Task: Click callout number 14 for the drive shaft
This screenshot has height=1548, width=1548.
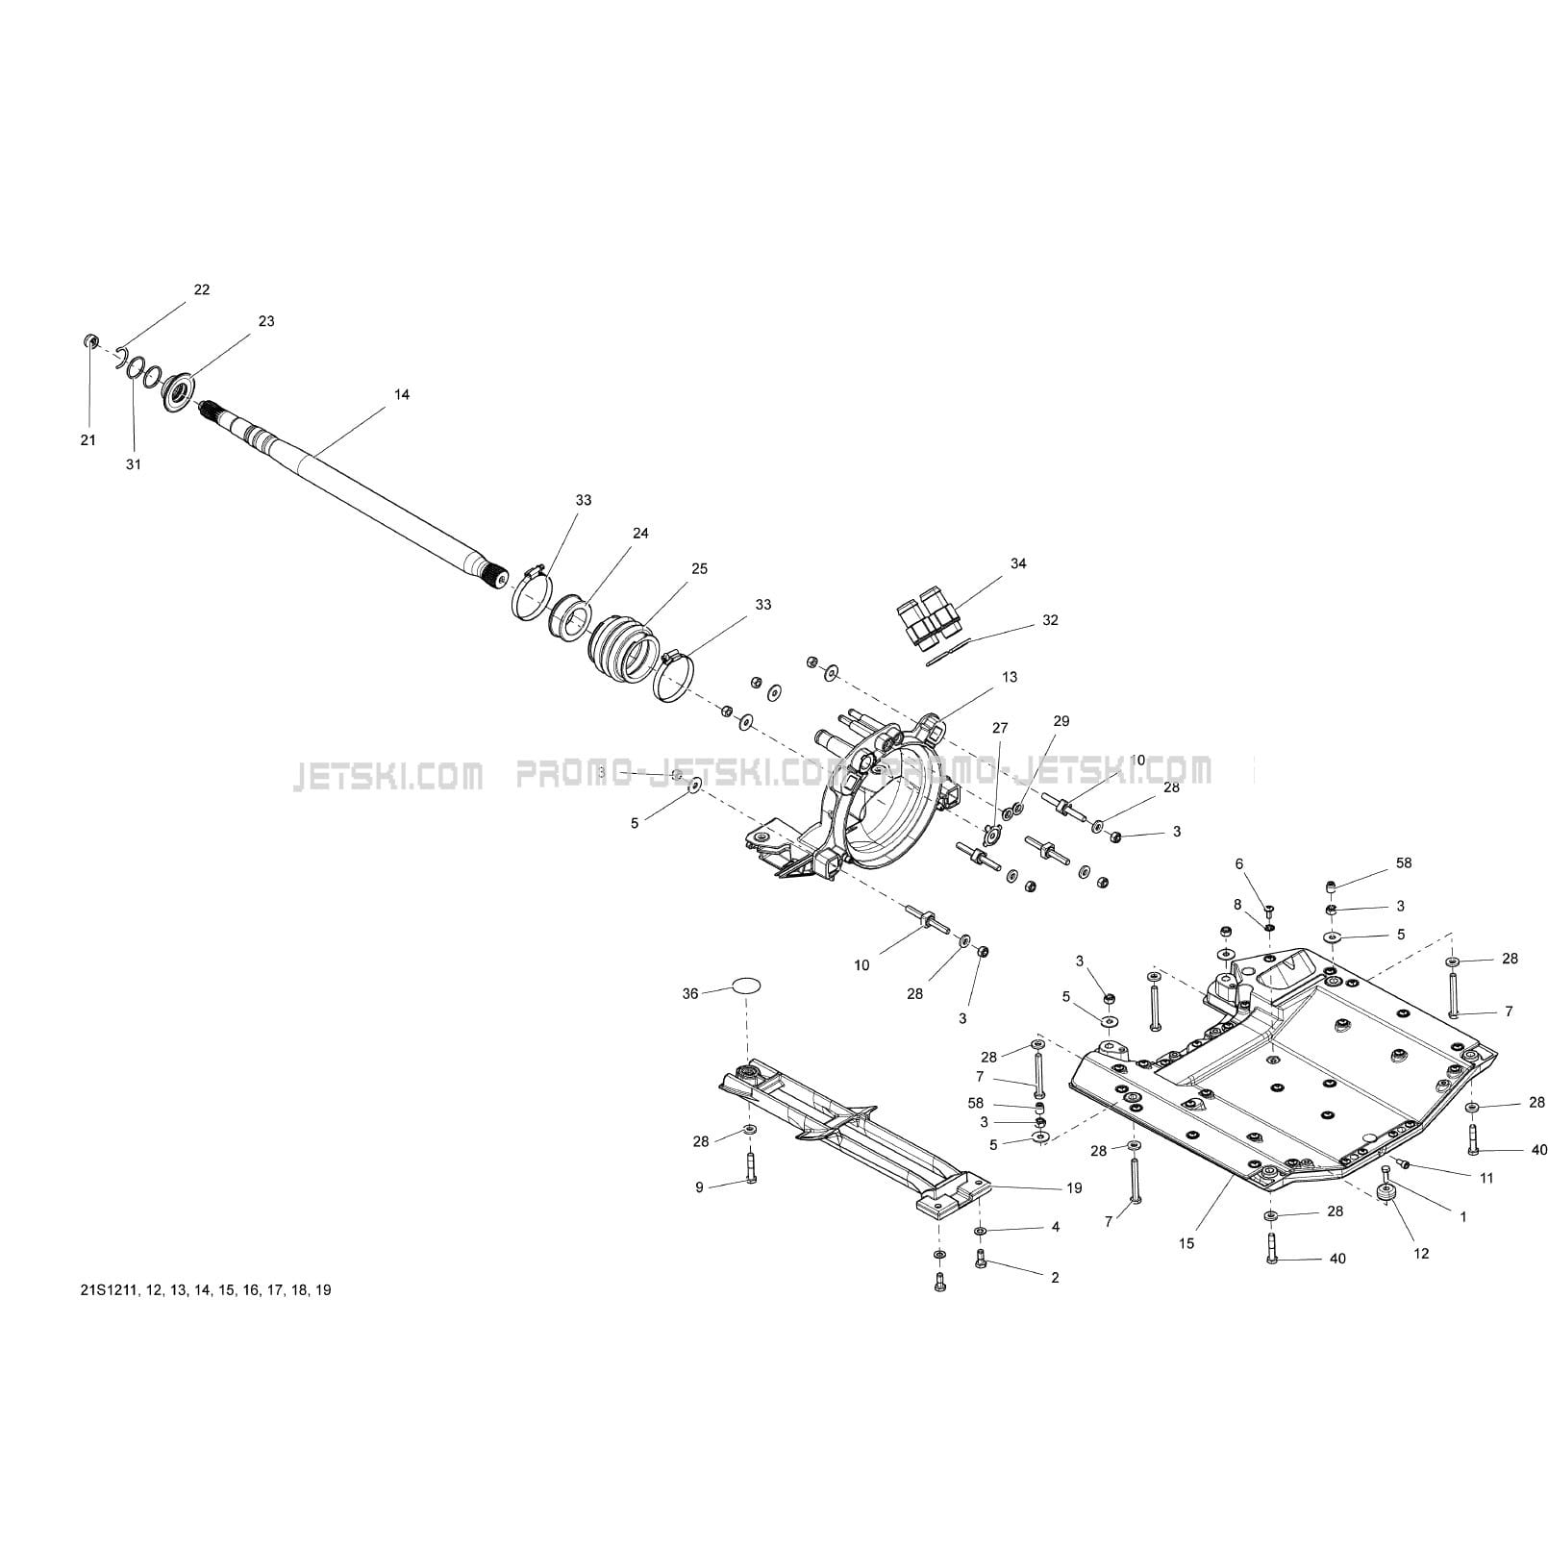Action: click(402, 394)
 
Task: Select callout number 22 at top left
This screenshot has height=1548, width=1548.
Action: click(202, 289)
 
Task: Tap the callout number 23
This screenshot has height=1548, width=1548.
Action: click(266, 321)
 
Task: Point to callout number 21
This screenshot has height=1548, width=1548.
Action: click(87, 440)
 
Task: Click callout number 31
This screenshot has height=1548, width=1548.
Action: click(134, 464)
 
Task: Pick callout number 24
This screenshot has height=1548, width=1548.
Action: click(640, 533)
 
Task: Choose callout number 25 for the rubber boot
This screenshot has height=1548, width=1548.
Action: click(699, 568)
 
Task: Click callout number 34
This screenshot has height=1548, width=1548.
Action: click(1018, 563)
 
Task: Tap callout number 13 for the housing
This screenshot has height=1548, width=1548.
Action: click(1010, 677)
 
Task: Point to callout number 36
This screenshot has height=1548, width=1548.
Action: click(690, 993)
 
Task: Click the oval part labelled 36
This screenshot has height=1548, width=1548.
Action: click(747, 985)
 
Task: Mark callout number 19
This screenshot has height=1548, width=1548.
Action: click(1074, 1187)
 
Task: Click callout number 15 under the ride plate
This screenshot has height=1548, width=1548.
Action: click(1186, 1243)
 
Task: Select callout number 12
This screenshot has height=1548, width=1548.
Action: click(1421, 1253)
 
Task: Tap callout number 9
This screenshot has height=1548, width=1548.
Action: click(700, 1187)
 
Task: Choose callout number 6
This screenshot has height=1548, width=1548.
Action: click(1239, 864)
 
